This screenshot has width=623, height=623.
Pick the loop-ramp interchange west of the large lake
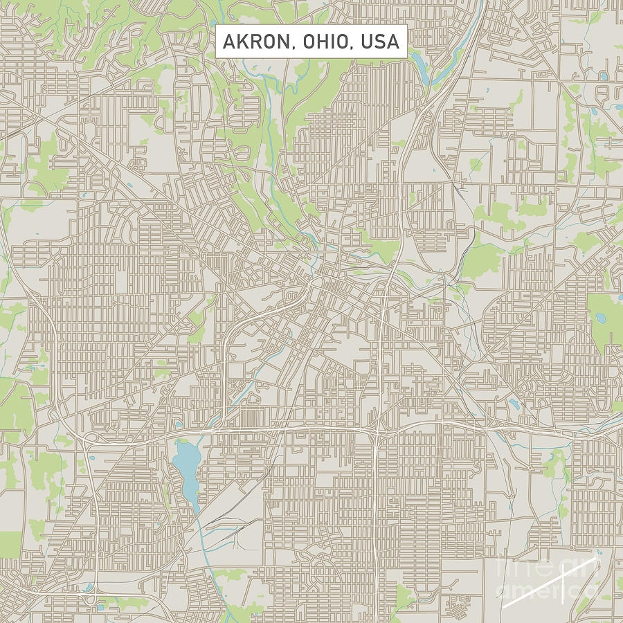tap(89, 437)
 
